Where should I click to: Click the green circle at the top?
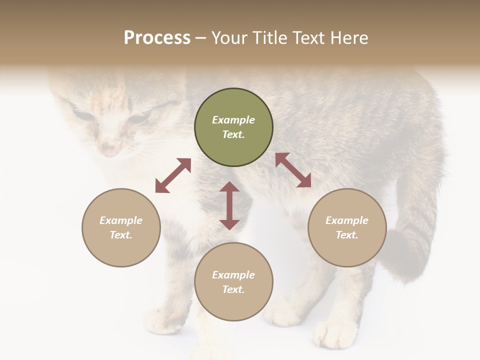(x=233, y=127)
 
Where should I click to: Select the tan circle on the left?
(x=121, y=227)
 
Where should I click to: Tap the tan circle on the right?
(x=347, y=227)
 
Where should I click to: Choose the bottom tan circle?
(x=233, y=282)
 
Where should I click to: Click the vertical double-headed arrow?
(x=229, y=205)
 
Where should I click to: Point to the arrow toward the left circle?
(x=173, y=175)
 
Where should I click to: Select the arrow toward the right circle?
(x=293, y=170)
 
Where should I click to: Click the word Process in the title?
(x=157, y=37)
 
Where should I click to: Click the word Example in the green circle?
(x=233, y=120)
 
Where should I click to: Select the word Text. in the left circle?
(x=121, y=235)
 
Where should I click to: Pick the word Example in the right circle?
(x=347, y=220)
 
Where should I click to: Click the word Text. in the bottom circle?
(x=233, y=289)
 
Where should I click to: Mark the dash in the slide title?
(x=201, y=38)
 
